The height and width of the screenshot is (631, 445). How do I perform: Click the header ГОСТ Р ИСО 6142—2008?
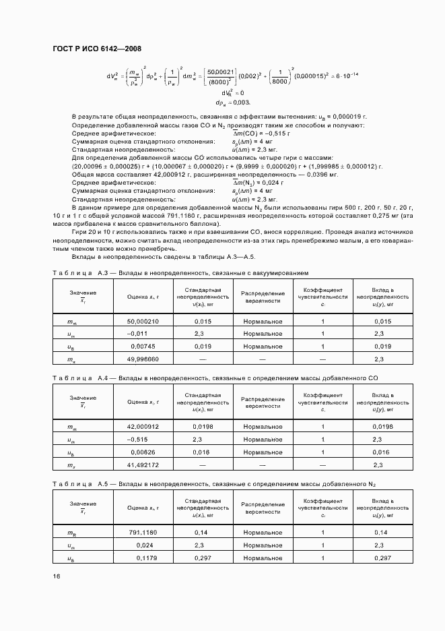point(96,49)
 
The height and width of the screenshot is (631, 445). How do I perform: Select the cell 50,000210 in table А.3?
point(142,322)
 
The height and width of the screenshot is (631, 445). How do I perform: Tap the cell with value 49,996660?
point(142,359)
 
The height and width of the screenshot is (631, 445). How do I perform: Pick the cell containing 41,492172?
point(142,464)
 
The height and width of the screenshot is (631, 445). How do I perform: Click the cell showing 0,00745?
point(142,347)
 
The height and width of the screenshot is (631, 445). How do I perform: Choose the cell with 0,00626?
point(142,452)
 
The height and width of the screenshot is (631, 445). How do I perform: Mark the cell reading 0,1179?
point(142,558)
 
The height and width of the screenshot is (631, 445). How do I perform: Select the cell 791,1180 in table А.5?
point(142,533)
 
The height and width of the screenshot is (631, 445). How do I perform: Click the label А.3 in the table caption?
point(103,273)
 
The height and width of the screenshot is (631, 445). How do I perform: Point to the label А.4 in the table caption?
point(103,378)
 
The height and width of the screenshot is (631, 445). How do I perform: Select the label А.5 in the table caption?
point(103,484)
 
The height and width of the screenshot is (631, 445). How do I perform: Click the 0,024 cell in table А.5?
point(142,545)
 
